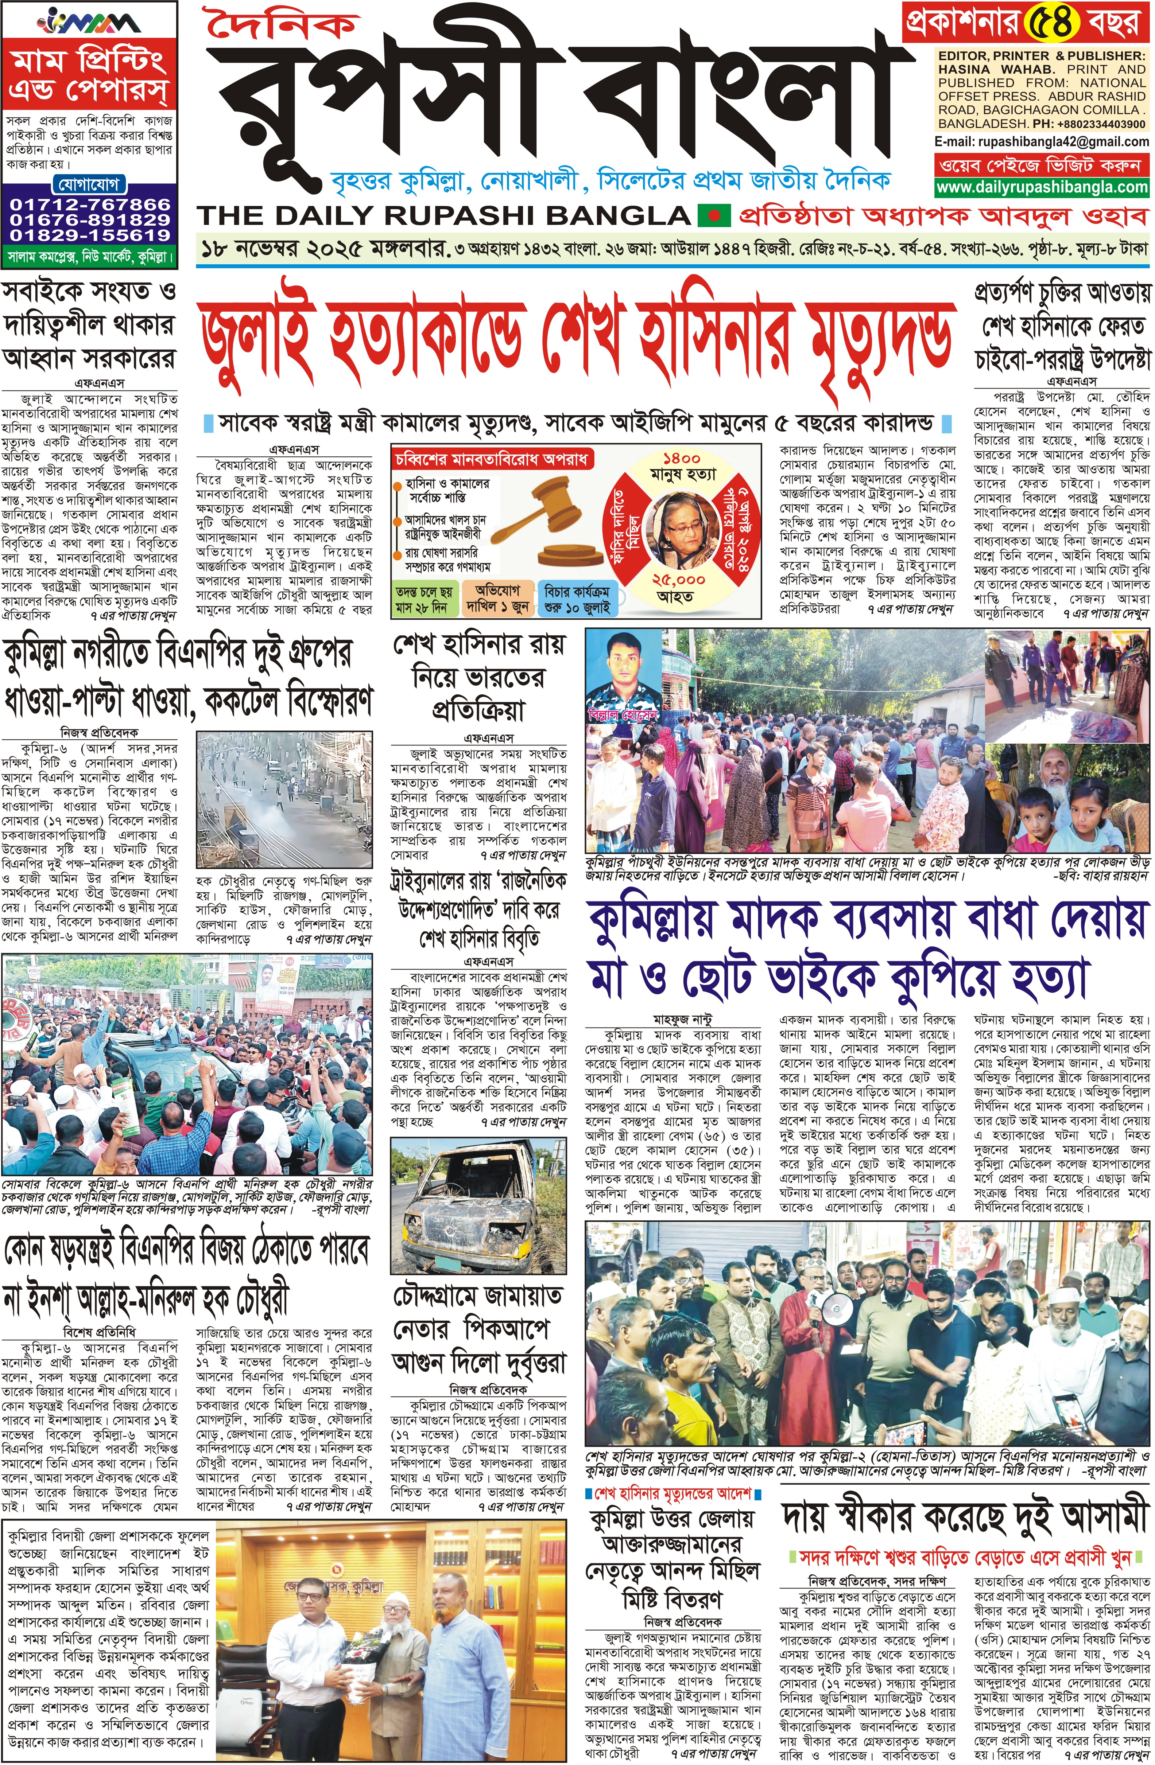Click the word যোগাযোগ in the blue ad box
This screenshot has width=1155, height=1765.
pyautogui.click(x=89, y=184)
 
